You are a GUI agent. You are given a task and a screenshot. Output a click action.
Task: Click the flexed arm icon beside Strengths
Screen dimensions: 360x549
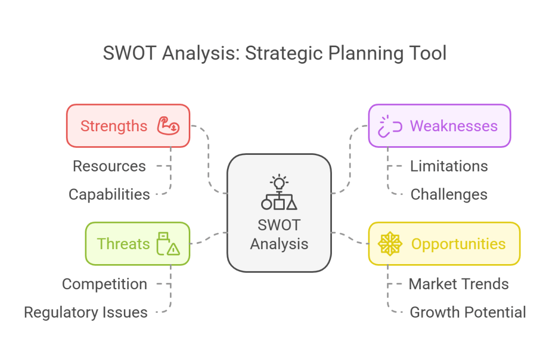[168, 126]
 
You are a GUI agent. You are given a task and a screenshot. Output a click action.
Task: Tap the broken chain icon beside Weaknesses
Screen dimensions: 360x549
[390, 126]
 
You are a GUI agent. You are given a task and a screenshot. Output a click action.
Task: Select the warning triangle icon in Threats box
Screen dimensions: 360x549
[173, 249]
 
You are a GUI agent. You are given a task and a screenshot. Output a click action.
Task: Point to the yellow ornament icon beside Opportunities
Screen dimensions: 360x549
[390, 244]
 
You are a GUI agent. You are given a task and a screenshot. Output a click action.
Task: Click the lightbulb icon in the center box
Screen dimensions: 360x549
[279, 183]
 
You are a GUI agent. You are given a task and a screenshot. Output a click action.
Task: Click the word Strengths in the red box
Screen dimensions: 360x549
[114, 126]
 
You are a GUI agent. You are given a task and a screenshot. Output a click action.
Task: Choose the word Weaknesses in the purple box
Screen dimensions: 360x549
[454, 126]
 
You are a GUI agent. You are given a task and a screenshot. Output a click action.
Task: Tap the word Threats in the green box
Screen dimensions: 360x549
[123, 244]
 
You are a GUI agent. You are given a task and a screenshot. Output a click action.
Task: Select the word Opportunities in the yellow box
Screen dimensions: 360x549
[458, 244]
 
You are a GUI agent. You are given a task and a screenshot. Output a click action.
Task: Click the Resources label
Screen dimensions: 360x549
[109, 166]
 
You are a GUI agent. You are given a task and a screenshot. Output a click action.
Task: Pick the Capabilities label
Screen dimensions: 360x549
[109, 194]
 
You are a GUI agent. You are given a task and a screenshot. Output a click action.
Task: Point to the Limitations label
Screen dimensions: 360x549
[449, 166]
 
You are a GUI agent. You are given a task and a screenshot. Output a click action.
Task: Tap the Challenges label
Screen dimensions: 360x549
[449, 194]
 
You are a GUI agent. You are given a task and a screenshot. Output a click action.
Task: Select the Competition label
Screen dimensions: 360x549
[105, 284]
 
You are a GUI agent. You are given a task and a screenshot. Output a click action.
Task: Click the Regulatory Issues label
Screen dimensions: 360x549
[86, 312]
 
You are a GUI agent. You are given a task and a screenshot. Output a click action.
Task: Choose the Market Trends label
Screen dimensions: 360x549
[458, 284]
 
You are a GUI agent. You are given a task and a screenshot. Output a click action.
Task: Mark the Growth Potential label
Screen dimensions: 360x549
[468, 312]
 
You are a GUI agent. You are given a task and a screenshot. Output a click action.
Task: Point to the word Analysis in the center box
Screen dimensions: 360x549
[279, 244]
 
